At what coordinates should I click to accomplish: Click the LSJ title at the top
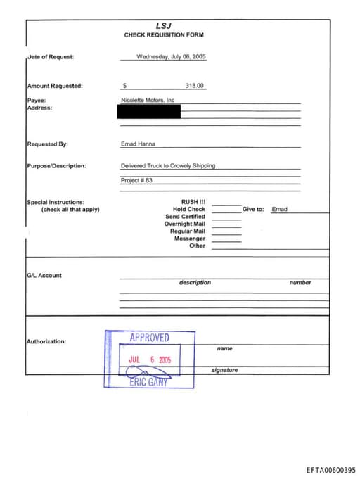pos(164,25)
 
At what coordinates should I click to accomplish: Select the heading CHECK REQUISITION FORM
pos(164,34)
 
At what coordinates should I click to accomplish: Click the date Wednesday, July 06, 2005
pos(171,56)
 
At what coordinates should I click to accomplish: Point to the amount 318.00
pos(194,85)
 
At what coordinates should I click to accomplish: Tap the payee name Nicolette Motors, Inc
pos(148,101)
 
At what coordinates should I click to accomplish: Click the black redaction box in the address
pos(150,110)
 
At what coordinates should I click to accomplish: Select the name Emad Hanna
pos(139,144)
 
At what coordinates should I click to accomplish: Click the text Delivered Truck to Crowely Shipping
pos(168,166)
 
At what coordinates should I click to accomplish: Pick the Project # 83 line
pos(136,180)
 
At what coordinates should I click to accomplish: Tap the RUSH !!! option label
pos(193,202)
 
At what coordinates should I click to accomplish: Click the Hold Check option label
pos(189,209)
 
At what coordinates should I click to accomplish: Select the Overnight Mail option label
pos(185,224)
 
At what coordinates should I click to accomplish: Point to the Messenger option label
pos(190,238)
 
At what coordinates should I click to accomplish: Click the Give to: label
pos(253,209)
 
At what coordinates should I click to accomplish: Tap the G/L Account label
pos(44,275)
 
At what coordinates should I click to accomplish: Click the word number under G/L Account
pos(300,283)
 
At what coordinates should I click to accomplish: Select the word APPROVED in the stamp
pos(149,338)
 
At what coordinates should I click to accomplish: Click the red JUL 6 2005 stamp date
pos(150,360)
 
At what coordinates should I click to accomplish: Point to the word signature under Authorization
pos(224,370)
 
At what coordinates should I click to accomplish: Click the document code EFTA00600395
pos(330,469)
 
